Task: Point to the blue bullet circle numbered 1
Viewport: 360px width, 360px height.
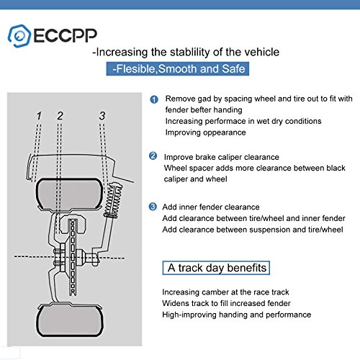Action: coord(153,99)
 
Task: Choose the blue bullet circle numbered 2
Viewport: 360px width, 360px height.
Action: coord(153,156)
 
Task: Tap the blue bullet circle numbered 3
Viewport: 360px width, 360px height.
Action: coord(153,206)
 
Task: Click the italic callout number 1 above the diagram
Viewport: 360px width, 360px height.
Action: coord(39,115)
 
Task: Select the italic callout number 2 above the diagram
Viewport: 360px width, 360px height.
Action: coord(60,115)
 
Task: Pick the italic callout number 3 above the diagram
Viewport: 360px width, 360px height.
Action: coord(102,115)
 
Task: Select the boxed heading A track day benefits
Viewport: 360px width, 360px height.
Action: coord(217,268)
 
